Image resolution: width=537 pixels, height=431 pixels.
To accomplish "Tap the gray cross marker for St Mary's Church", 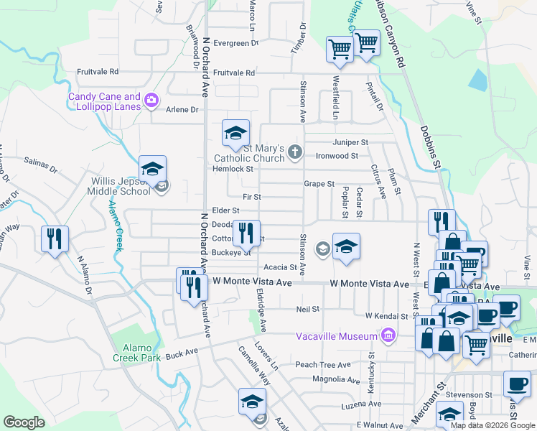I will (294, 152).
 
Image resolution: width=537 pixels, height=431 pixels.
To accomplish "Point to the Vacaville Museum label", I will (337, 336).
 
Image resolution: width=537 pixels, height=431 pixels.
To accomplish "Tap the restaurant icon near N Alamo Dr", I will (55, 238).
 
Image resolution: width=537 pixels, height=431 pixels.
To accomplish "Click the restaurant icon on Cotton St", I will (246, 232).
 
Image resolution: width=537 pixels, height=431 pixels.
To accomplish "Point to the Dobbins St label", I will (431, 147).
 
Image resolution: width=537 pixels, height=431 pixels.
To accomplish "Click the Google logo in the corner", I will (24, 422).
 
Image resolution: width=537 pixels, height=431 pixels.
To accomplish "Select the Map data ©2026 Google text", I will (492, 425).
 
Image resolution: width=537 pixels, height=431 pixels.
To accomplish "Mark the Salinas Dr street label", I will (40, 165).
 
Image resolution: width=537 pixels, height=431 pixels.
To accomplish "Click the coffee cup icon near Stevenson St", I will (517, 384).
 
